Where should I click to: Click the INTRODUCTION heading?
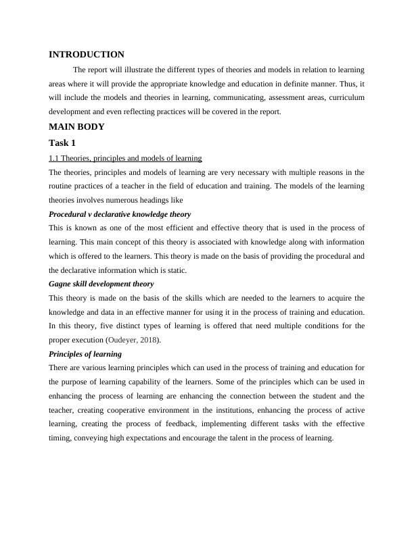pyautogui.click(x=87, y=55)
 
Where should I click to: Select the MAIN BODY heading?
pyautogui.click(x=76, y=126)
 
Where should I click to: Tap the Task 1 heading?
pyautogui.click(x=63, y=143)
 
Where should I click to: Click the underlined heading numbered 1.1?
pyautogui.click(x=125, y=158)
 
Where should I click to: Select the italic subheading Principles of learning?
pyautogui.click(x=85, y=354)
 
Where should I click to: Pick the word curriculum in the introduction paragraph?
pyautogui.click(x=346, y=98)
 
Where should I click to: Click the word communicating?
pyautogui.click(x=229, y=98)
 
